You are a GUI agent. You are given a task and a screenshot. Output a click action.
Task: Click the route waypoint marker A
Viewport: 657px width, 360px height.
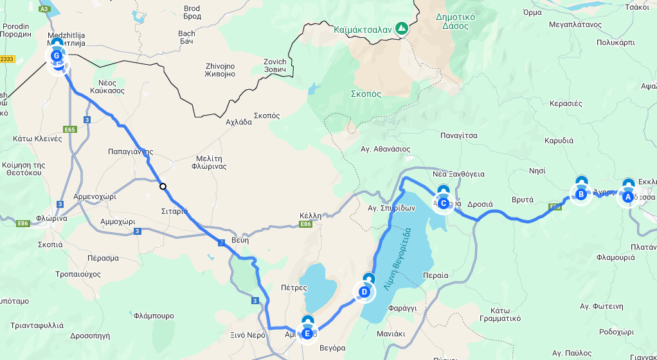tap(628, 196)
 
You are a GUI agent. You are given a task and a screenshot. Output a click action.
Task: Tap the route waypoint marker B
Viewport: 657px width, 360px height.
tap(580, 194)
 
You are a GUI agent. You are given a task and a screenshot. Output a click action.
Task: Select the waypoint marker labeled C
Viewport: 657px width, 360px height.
tap(443, 202)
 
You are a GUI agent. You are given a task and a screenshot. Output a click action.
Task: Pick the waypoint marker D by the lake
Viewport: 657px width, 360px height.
tap(364, 292)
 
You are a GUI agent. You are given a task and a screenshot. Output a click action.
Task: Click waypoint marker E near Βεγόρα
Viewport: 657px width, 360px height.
tap(307, 333)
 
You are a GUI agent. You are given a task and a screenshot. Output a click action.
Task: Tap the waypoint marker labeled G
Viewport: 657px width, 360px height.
tap(56, 56)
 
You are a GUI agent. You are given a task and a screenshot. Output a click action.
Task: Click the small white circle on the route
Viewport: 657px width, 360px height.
tap(163, 187)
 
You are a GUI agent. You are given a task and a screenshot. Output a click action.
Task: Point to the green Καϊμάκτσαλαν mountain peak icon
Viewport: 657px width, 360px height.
tap(402, 28)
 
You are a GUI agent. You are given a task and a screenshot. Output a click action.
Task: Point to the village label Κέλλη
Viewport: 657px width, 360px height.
tap(310, 216)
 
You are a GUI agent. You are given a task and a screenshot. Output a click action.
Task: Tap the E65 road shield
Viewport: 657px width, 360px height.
tap(70, 129)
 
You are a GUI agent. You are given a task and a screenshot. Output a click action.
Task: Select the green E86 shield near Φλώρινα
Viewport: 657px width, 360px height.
tap(23, 223)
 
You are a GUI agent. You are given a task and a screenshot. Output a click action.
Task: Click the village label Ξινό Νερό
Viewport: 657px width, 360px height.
tap(248, 335)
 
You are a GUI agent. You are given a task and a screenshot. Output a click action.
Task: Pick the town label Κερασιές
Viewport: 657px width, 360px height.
tap(566, 103)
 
